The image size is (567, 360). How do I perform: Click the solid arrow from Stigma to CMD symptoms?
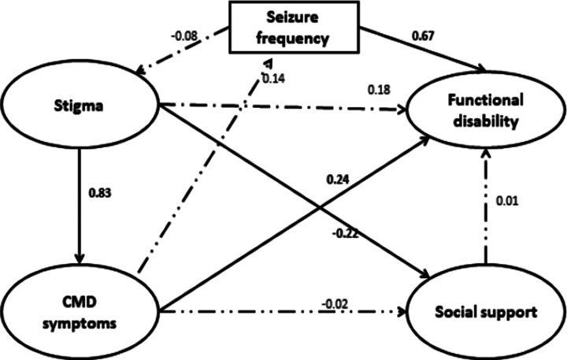(x=79, y=205)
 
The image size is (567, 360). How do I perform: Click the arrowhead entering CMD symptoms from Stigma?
(x=79, y=258)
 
